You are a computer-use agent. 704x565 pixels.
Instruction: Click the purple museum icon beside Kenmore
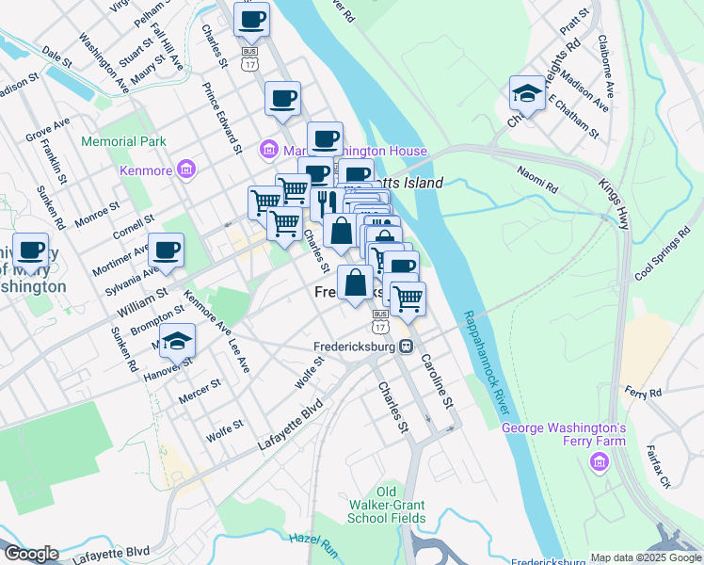coord(185,170)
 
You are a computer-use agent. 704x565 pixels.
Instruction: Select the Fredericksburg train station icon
coord(407,346)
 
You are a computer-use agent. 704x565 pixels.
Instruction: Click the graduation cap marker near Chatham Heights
coord(527,93)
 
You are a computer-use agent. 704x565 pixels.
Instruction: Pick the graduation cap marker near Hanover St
coord(176,342)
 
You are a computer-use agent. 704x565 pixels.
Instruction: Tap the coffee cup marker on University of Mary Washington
coord(31,250)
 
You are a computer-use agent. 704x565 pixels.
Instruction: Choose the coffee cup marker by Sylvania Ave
coord(167,250)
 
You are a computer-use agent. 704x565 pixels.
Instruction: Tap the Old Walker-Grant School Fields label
coord(387,505)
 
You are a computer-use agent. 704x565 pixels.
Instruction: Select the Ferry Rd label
coord(643,392)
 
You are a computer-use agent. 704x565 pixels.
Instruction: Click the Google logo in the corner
coord(31,554)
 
